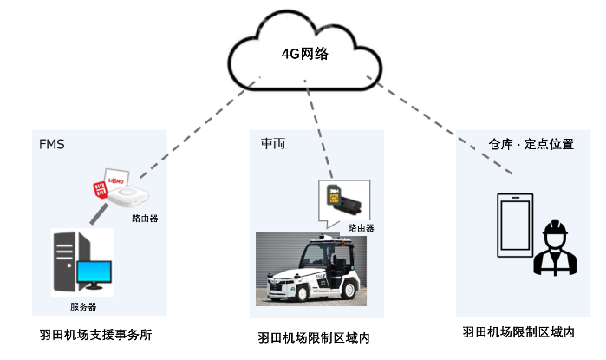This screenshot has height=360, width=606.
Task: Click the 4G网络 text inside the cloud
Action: tap(304, 54)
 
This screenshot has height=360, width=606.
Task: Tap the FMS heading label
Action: tap(52, 143)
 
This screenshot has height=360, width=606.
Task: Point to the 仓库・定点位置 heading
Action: tap(531, 144)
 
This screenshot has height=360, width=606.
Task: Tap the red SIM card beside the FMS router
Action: tap(99, 187)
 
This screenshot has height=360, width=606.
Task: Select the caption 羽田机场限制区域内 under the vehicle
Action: tap(314, 337)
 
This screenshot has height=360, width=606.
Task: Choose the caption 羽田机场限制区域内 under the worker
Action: tap(518, 332)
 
